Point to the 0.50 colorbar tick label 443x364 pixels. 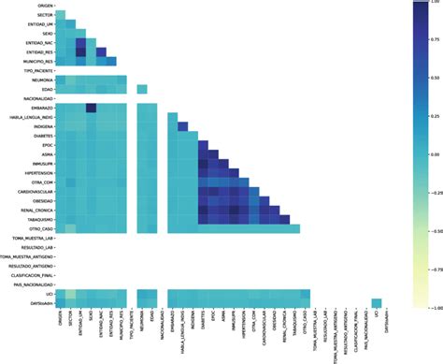(435, 80)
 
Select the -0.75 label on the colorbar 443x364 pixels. (434, 269)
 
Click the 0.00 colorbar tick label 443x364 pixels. (435, 155)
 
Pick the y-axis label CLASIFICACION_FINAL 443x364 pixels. (27, 275)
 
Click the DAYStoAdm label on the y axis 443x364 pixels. (37, 303)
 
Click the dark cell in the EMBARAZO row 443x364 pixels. (92, 108)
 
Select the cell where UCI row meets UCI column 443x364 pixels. (376, 302)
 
